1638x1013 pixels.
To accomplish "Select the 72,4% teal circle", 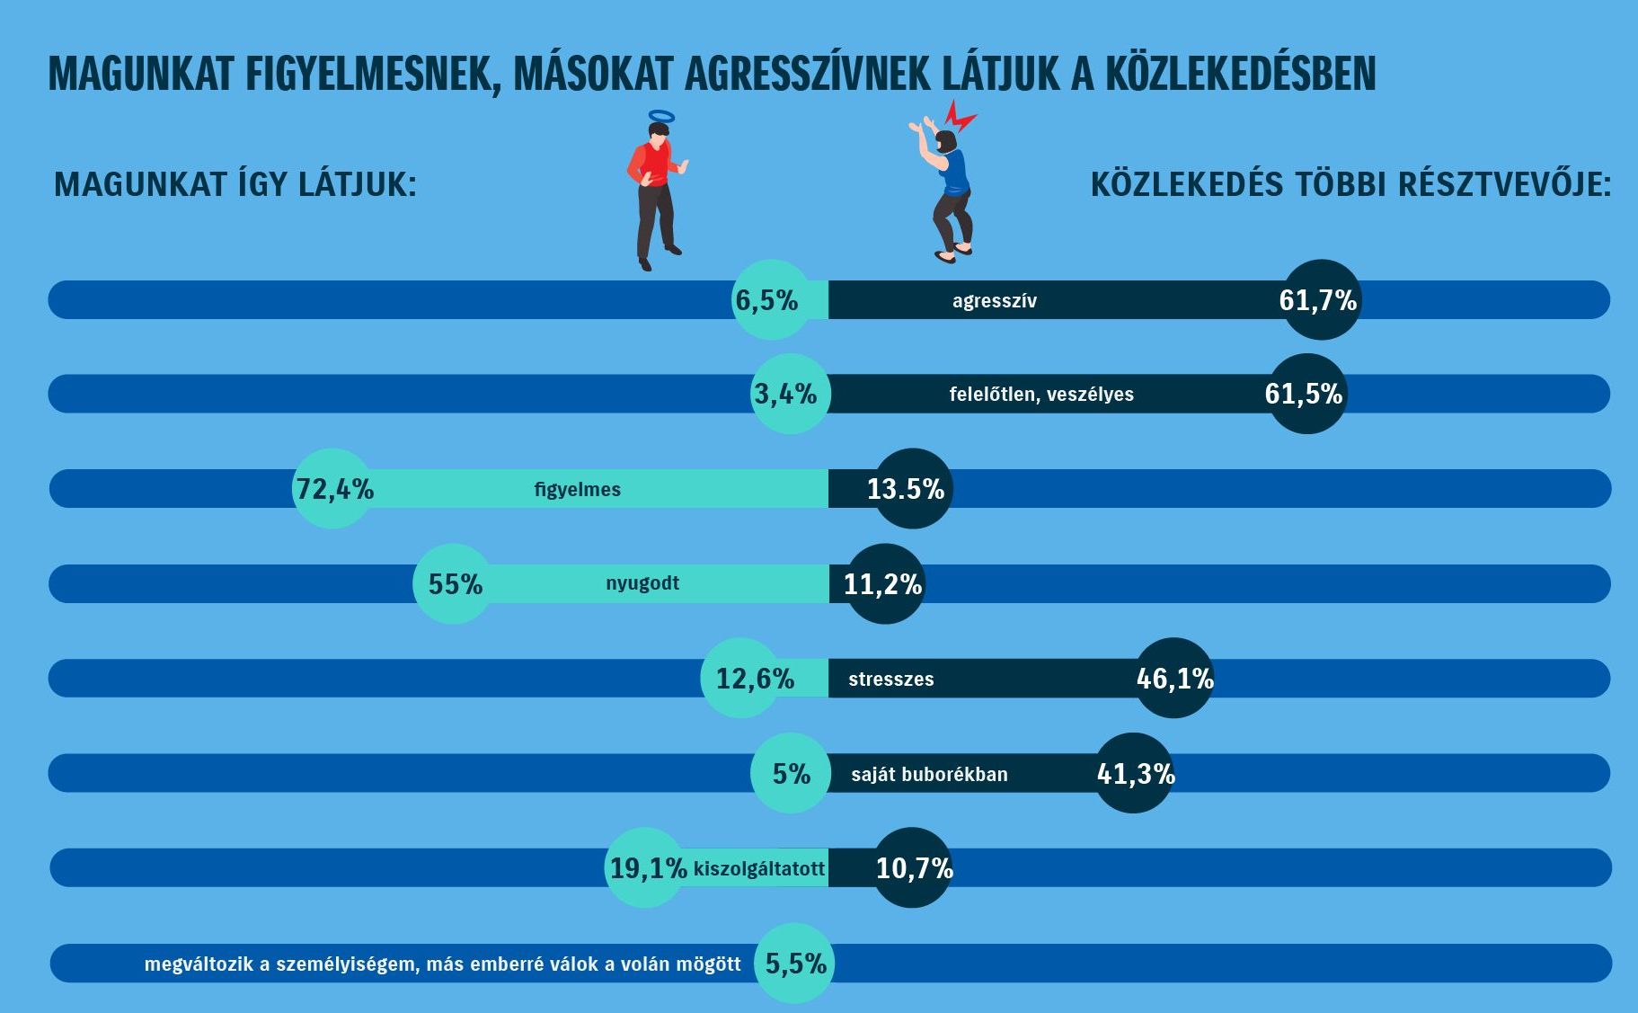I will coord(332,488).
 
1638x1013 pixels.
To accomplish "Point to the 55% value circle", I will coord(454,584).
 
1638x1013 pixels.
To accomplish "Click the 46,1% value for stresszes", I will coord(1174,678).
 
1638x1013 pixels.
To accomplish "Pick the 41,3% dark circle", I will coord(1135,773).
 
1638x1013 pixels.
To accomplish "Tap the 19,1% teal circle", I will coord(645,867).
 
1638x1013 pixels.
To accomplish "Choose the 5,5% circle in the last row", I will coord(794,963).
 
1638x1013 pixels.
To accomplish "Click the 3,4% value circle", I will coord(788,394).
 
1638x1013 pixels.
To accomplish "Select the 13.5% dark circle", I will coord(912,488).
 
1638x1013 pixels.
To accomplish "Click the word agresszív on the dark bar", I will coord(995,301).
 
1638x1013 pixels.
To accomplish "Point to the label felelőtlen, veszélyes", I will coord(1041,395).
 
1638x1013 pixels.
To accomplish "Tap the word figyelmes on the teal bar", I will coord(578,490).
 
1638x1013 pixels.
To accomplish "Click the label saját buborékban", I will coord(929,775).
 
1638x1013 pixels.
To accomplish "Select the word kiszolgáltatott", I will coord(759,869).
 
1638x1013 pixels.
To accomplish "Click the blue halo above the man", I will coord(660,116).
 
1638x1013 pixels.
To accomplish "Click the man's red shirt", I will coord(652,164).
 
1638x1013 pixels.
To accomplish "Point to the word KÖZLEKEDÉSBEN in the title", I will coord(1240,75).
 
